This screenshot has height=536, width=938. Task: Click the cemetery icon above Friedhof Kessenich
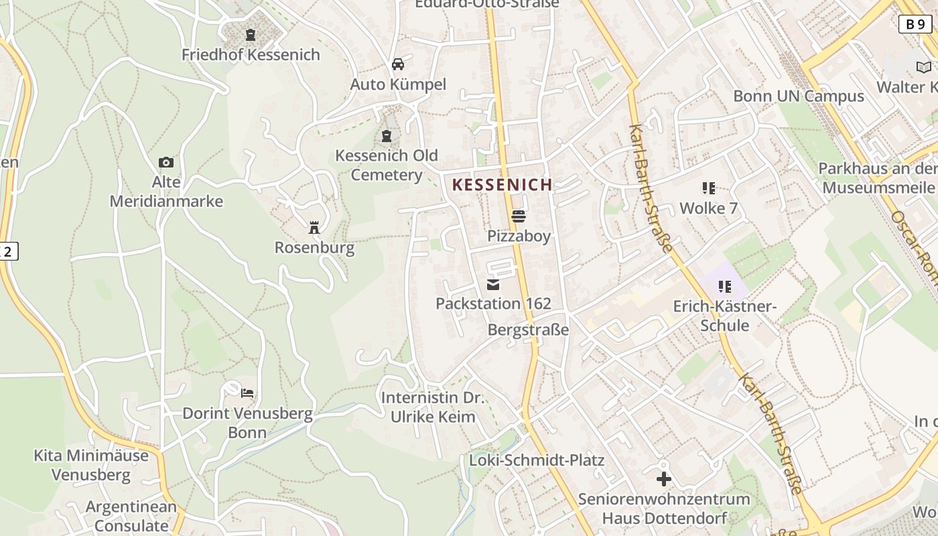251,35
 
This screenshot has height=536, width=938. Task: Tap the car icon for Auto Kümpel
398,64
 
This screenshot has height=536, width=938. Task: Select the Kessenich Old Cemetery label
386,165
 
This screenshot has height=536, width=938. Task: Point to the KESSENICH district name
503,185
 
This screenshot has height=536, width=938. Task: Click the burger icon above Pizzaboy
519,216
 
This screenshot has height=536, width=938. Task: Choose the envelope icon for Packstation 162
493,285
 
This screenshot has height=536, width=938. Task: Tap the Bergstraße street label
528,330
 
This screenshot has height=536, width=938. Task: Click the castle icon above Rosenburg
314,228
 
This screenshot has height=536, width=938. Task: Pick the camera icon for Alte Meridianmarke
166,162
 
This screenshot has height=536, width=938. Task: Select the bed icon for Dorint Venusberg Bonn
248,393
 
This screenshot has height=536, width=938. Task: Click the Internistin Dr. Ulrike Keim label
433,407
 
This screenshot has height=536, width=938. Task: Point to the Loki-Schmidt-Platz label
537,460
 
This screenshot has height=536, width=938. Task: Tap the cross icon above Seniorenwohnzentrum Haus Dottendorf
664,479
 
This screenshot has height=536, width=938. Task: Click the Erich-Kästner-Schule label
724,316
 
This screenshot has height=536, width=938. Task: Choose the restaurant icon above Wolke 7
709,188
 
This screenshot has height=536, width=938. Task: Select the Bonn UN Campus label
799,96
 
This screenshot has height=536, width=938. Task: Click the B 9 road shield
915,24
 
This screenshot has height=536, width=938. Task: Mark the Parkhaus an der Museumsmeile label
878,178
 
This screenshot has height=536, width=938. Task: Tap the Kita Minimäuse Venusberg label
91,465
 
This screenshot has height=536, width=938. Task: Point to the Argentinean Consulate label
131,516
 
